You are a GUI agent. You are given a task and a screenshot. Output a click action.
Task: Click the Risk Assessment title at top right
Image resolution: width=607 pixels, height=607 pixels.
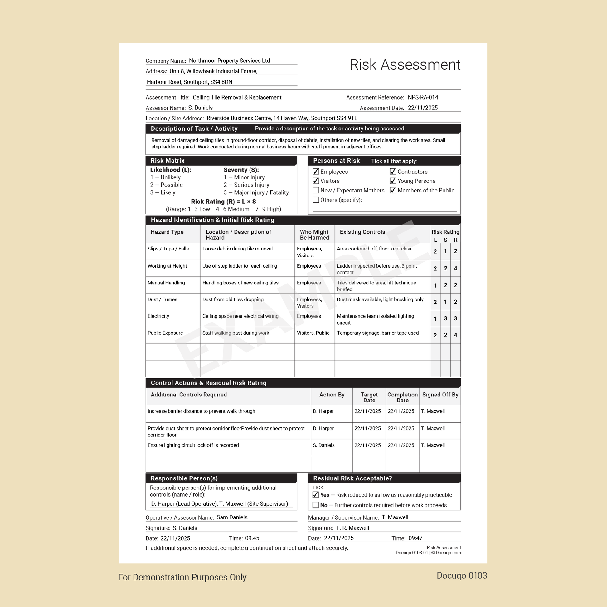405,65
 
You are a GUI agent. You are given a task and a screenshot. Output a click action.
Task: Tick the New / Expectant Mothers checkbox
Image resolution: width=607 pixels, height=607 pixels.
316,190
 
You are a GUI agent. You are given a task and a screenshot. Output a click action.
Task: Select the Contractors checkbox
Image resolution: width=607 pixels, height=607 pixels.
393,172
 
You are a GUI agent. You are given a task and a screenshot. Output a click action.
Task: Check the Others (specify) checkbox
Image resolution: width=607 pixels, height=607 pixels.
316,200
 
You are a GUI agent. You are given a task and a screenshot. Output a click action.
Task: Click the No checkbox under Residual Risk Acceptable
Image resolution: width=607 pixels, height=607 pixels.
315,505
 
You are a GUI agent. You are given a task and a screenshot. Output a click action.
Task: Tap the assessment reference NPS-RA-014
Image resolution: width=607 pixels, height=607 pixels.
423,97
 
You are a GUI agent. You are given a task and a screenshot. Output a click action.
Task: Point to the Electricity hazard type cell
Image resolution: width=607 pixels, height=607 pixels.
158,316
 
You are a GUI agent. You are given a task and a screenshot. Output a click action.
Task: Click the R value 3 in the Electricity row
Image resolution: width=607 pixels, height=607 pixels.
455,318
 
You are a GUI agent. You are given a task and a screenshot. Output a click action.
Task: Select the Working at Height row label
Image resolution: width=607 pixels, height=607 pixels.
167,266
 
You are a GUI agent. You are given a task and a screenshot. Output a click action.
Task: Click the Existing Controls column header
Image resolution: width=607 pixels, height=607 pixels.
362,232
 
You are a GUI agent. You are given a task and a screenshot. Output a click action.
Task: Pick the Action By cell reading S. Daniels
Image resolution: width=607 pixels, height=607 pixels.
323,445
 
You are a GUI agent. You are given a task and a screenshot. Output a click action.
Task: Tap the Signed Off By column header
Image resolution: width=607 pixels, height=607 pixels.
440,395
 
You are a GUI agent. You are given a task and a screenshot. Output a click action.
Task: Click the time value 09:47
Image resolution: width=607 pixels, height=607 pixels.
415,538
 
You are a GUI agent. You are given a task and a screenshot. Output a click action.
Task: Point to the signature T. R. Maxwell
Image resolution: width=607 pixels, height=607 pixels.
352,528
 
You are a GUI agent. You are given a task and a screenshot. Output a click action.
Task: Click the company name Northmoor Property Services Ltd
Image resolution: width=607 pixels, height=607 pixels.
229,61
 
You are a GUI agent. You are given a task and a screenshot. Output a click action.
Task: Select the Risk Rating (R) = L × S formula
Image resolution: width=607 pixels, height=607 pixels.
223,202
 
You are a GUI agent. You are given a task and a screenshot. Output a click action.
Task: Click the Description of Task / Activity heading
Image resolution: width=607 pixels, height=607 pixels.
194,129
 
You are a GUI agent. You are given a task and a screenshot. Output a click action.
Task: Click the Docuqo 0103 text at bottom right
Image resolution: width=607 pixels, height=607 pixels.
462,575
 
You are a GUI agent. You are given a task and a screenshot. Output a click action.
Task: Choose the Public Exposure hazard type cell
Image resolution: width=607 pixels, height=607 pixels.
165,333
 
